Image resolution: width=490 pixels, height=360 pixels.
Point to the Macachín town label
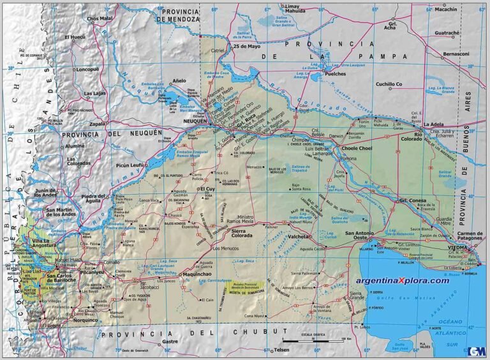pos(446,10)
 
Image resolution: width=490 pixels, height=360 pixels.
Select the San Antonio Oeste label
pos(362,236)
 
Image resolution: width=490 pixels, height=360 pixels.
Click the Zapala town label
pos(80,124)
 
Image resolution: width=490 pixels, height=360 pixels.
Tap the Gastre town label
pos(170,341)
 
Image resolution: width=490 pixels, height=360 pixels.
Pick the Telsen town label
pos(281,350)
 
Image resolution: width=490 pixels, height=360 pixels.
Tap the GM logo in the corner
pos(476,350)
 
